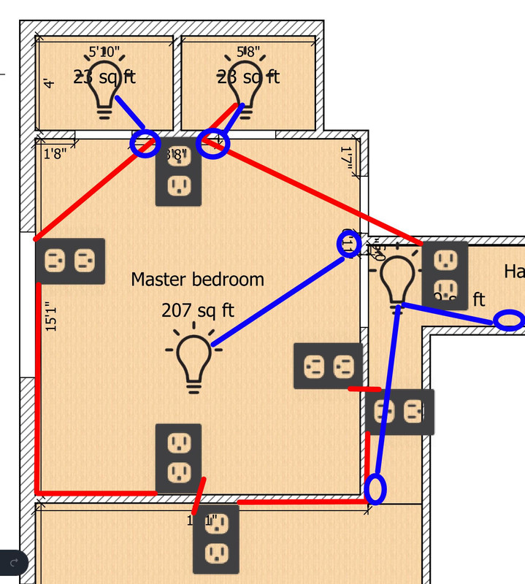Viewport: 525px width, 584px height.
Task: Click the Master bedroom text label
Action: pos(197,279)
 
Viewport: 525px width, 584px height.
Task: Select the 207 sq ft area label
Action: pos(197,310)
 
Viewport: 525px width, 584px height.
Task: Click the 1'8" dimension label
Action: pos(55,153)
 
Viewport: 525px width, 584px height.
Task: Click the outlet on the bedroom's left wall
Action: pos(70,261)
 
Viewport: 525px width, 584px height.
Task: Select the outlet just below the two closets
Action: pos(178,173)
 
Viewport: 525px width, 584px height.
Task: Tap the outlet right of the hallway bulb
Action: pos(445,271)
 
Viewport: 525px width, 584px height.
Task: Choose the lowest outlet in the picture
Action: pos(215,539)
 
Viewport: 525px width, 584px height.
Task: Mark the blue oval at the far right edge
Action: pos(508,320)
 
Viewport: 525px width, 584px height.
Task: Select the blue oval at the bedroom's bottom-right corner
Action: pos(375,488)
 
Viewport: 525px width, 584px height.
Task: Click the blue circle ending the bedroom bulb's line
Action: pos(348,243)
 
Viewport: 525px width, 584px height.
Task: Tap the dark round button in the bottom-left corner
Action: pos(13,563)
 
